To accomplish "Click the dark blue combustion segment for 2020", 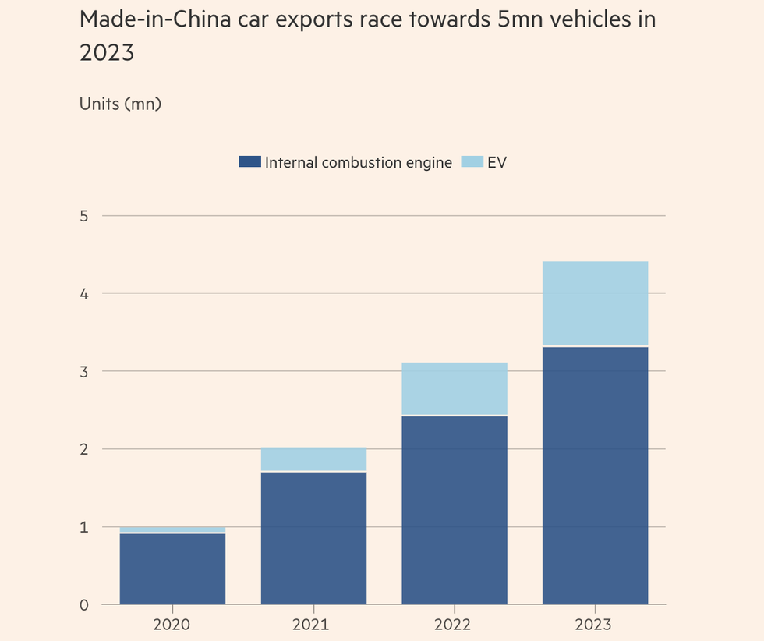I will (x=172, y=568).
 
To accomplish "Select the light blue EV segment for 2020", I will (x=172, y=529).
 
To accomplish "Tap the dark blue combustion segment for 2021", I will (x=313, y=538).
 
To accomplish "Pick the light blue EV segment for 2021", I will (x=313, y=459).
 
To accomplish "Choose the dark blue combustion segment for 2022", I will (x=455, y=510).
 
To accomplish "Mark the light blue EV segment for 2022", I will (x=455, y=388).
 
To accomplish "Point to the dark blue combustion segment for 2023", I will (x=596, y=475).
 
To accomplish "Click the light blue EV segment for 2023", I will (x=596, y=303).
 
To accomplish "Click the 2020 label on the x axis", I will (x=172, y=625).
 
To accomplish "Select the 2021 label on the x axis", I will (x=313, y=625).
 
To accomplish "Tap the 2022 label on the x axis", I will (x=455, y=625).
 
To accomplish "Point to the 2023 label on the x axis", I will (x=596, y=625).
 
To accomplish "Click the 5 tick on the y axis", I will (x=84, y=216).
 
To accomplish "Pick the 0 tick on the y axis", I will (x=84, y=605).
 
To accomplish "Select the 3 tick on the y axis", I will (x=84, y=372).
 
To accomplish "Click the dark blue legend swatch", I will (x=249, y=162).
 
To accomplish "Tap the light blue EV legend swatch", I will (x=472, y=162).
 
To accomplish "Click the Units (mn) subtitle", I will (x=120, y=103).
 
